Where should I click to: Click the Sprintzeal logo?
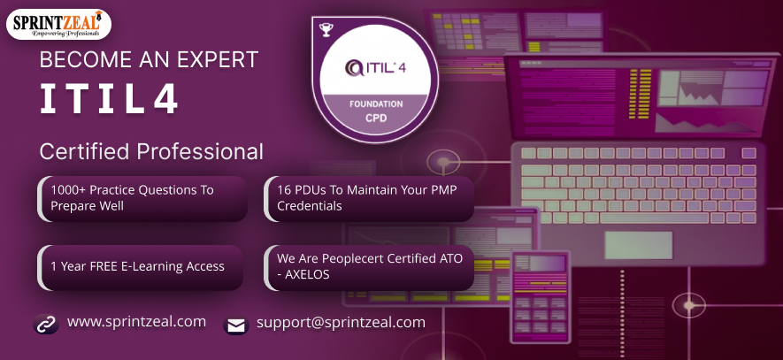58,25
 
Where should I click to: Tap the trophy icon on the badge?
326,30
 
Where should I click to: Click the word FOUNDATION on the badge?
376,104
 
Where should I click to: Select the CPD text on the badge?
376,119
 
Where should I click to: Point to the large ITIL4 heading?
109,98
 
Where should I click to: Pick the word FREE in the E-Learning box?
104,266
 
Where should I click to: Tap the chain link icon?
46,324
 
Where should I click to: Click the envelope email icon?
235,326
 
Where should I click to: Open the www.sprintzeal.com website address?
136,322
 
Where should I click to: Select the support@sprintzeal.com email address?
341,323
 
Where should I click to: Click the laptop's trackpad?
639,245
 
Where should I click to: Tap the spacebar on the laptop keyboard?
654,218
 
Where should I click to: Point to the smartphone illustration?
540,296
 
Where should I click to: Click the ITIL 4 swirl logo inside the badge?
354,67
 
